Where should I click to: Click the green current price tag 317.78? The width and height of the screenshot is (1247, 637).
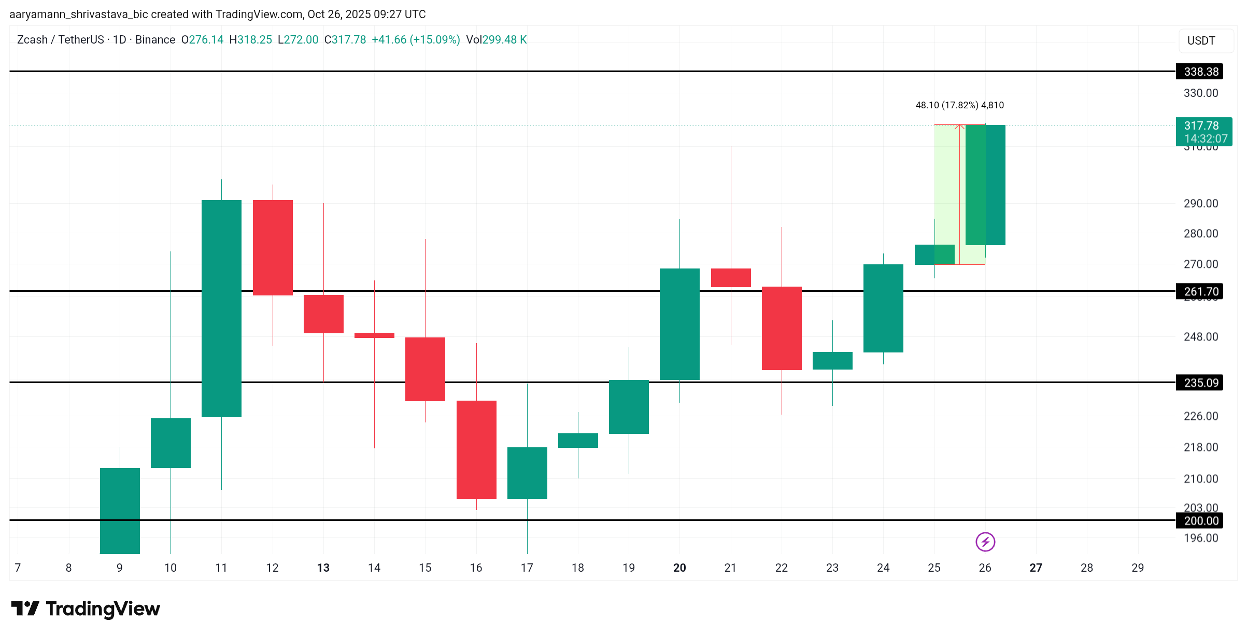point(1203,132)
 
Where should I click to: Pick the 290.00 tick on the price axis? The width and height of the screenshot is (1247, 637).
point(1200,203)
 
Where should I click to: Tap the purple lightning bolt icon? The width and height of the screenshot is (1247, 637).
point(985,542)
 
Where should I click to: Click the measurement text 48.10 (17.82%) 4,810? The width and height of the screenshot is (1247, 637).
point(959,105)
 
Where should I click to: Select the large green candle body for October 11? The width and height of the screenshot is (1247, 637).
point(221,308)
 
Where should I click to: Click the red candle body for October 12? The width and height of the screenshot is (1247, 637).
point(273,248)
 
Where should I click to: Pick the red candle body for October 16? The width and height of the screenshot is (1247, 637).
point(476,450)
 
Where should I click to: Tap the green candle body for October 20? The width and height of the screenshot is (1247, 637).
point(679,324)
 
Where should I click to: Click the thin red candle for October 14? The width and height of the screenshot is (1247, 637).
point(374,335)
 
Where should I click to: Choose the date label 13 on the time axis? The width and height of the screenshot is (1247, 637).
point(323,568)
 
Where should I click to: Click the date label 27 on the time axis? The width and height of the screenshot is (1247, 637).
point(1036,568)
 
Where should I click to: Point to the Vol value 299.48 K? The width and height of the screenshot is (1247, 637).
point(504,40)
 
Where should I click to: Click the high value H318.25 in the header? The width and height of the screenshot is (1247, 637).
point(250,40)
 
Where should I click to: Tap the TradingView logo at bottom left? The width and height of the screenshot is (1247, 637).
point(86,608)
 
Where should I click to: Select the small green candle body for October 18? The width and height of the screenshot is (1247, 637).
point(578,441)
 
